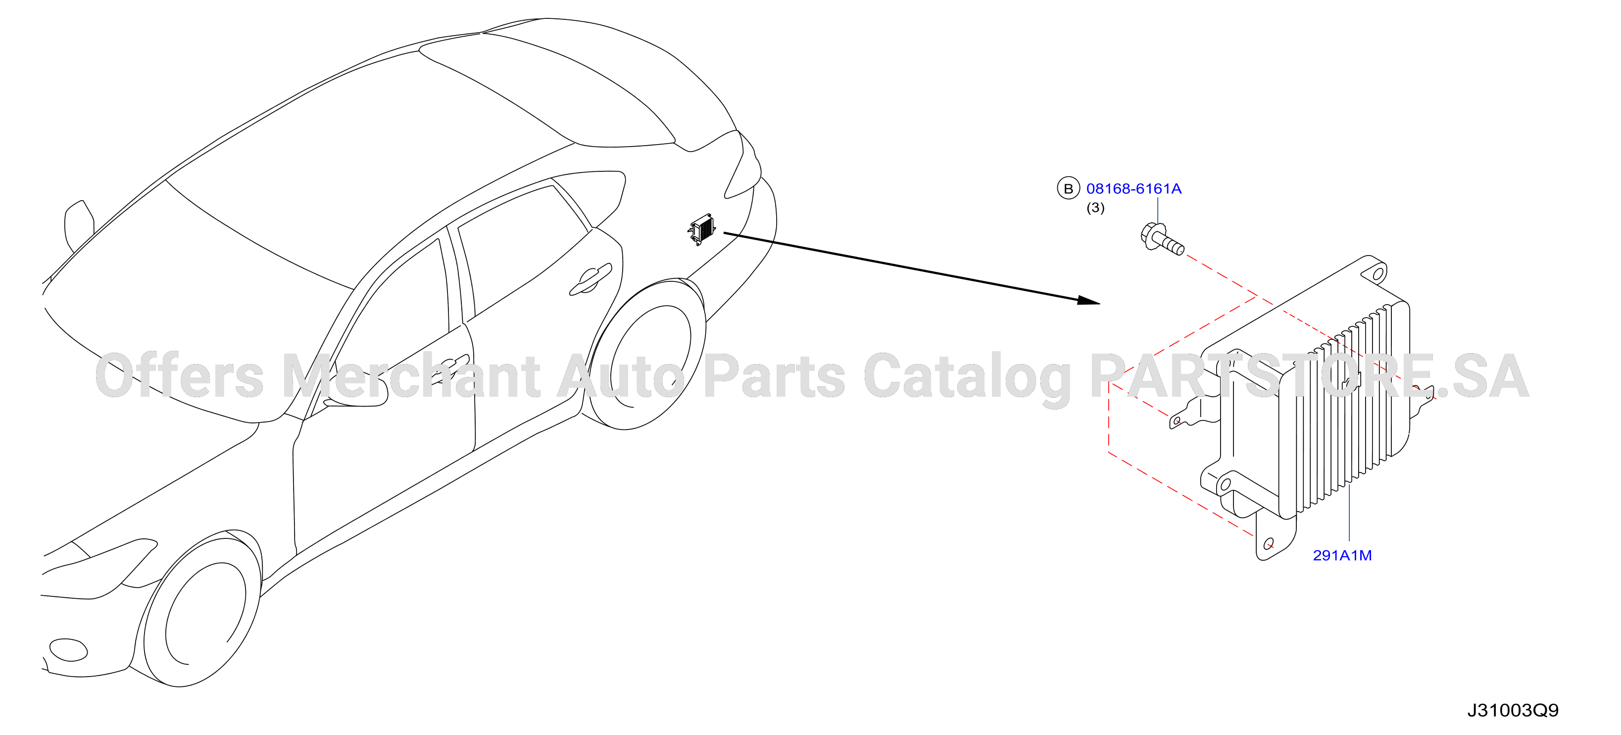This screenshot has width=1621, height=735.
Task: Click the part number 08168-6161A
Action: coord(1133,188)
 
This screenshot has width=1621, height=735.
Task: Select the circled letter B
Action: coord(1068,188)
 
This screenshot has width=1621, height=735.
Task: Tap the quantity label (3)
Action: coord(1095,208)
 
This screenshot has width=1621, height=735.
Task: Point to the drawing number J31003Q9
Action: coord(1513,710)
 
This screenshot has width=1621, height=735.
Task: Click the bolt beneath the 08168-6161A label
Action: coord(1162,239)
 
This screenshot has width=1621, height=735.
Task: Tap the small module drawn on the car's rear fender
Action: coord(702,229)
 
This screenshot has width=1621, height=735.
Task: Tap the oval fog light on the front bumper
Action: coord(68,650)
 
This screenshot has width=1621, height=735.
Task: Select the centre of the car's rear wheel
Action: coord(648,355)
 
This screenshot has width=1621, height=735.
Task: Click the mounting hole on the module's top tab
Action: coord(1377,274)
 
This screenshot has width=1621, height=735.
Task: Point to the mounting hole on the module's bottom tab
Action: coord(1269,543)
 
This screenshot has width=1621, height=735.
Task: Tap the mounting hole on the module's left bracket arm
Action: coord(1177,420)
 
